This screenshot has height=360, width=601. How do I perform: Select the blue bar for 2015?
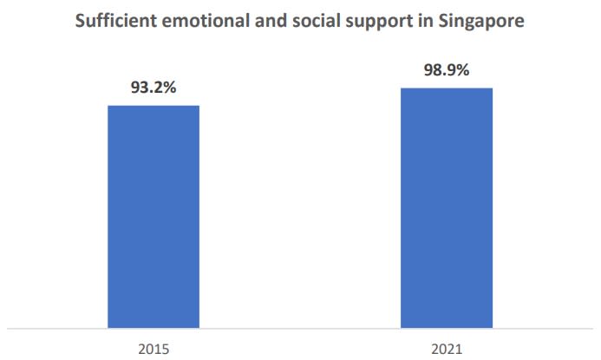(x=154, y=217)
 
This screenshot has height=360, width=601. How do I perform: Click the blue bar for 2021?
(x=447, y=208)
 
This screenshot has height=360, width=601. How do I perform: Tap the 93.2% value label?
(x=154, y=88)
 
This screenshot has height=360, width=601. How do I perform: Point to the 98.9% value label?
(x=447, y=70)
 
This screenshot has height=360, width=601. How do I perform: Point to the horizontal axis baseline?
(x=300, y=329)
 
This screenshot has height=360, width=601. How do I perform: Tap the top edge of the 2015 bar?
(x=154, y=106)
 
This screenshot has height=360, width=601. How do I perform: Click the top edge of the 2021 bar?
(x=447, y=88)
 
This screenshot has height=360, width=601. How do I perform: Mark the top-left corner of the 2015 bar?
(x=108, y=106)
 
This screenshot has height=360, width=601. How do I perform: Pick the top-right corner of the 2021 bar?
(x=492, y=88)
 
